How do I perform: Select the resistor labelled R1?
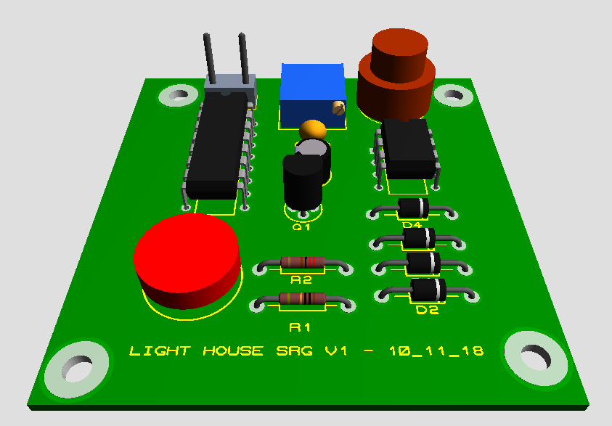click(303, 298)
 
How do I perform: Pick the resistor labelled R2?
click(303, 262)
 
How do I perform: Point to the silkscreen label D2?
click(427, 311)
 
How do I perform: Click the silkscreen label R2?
click(301, 279)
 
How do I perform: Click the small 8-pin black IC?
click(409, 147)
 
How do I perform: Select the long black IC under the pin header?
click(215, 149)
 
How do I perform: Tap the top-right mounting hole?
click(454, 94)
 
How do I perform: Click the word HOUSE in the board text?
click(232, 351)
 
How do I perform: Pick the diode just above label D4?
click(415, 208)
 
